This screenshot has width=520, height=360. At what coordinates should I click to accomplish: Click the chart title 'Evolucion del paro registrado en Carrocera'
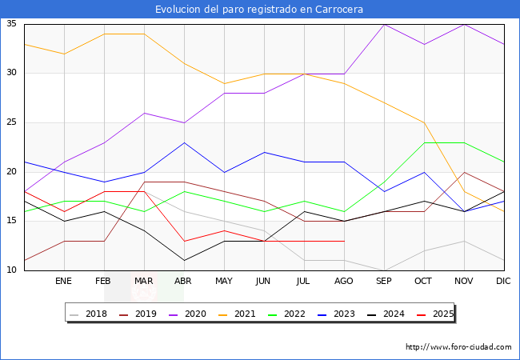[x=260, y=10]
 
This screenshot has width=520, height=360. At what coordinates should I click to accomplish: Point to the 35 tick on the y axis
[x=12, y=24]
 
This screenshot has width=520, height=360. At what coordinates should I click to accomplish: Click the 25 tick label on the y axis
[x=12, y=122]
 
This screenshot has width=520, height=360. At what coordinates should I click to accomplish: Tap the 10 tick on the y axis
[x=12, y=270]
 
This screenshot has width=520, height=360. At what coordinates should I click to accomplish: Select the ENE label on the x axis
[x=63, y=282]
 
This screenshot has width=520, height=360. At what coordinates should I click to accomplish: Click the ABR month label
[x=183, y=282]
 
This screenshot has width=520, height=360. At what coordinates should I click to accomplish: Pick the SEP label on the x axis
[x=384, y=282]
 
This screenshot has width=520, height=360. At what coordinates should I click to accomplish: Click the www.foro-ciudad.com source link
[x=458, y=347]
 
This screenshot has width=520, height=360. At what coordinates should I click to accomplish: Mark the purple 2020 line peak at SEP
[x=384, y=24]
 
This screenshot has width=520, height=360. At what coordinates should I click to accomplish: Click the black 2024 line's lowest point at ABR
[x=184, y=260]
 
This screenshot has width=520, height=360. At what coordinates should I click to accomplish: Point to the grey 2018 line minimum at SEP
[x=384, y=270]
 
